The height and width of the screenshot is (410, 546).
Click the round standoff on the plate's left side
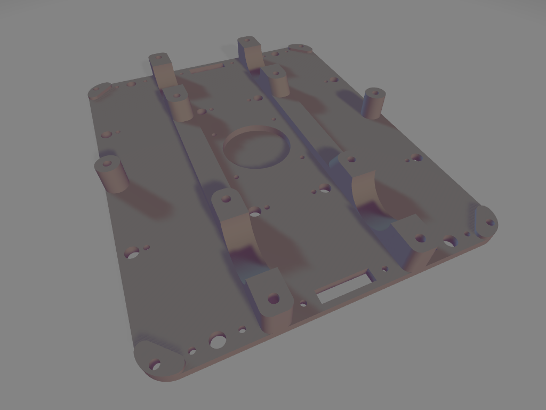click(112, 174)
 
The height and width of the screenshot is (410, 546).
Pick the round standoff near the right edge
click(374, 103)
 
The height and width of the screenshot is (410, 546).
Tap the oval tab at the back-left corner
click(100, 91)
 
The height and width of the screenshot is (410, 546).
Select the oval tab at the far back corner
click(300, 49)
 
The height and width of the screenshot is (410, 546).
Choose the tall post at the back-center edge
click(250, 52)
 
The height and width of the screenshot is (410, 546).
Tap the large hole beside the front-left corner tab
click(217, 340)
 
